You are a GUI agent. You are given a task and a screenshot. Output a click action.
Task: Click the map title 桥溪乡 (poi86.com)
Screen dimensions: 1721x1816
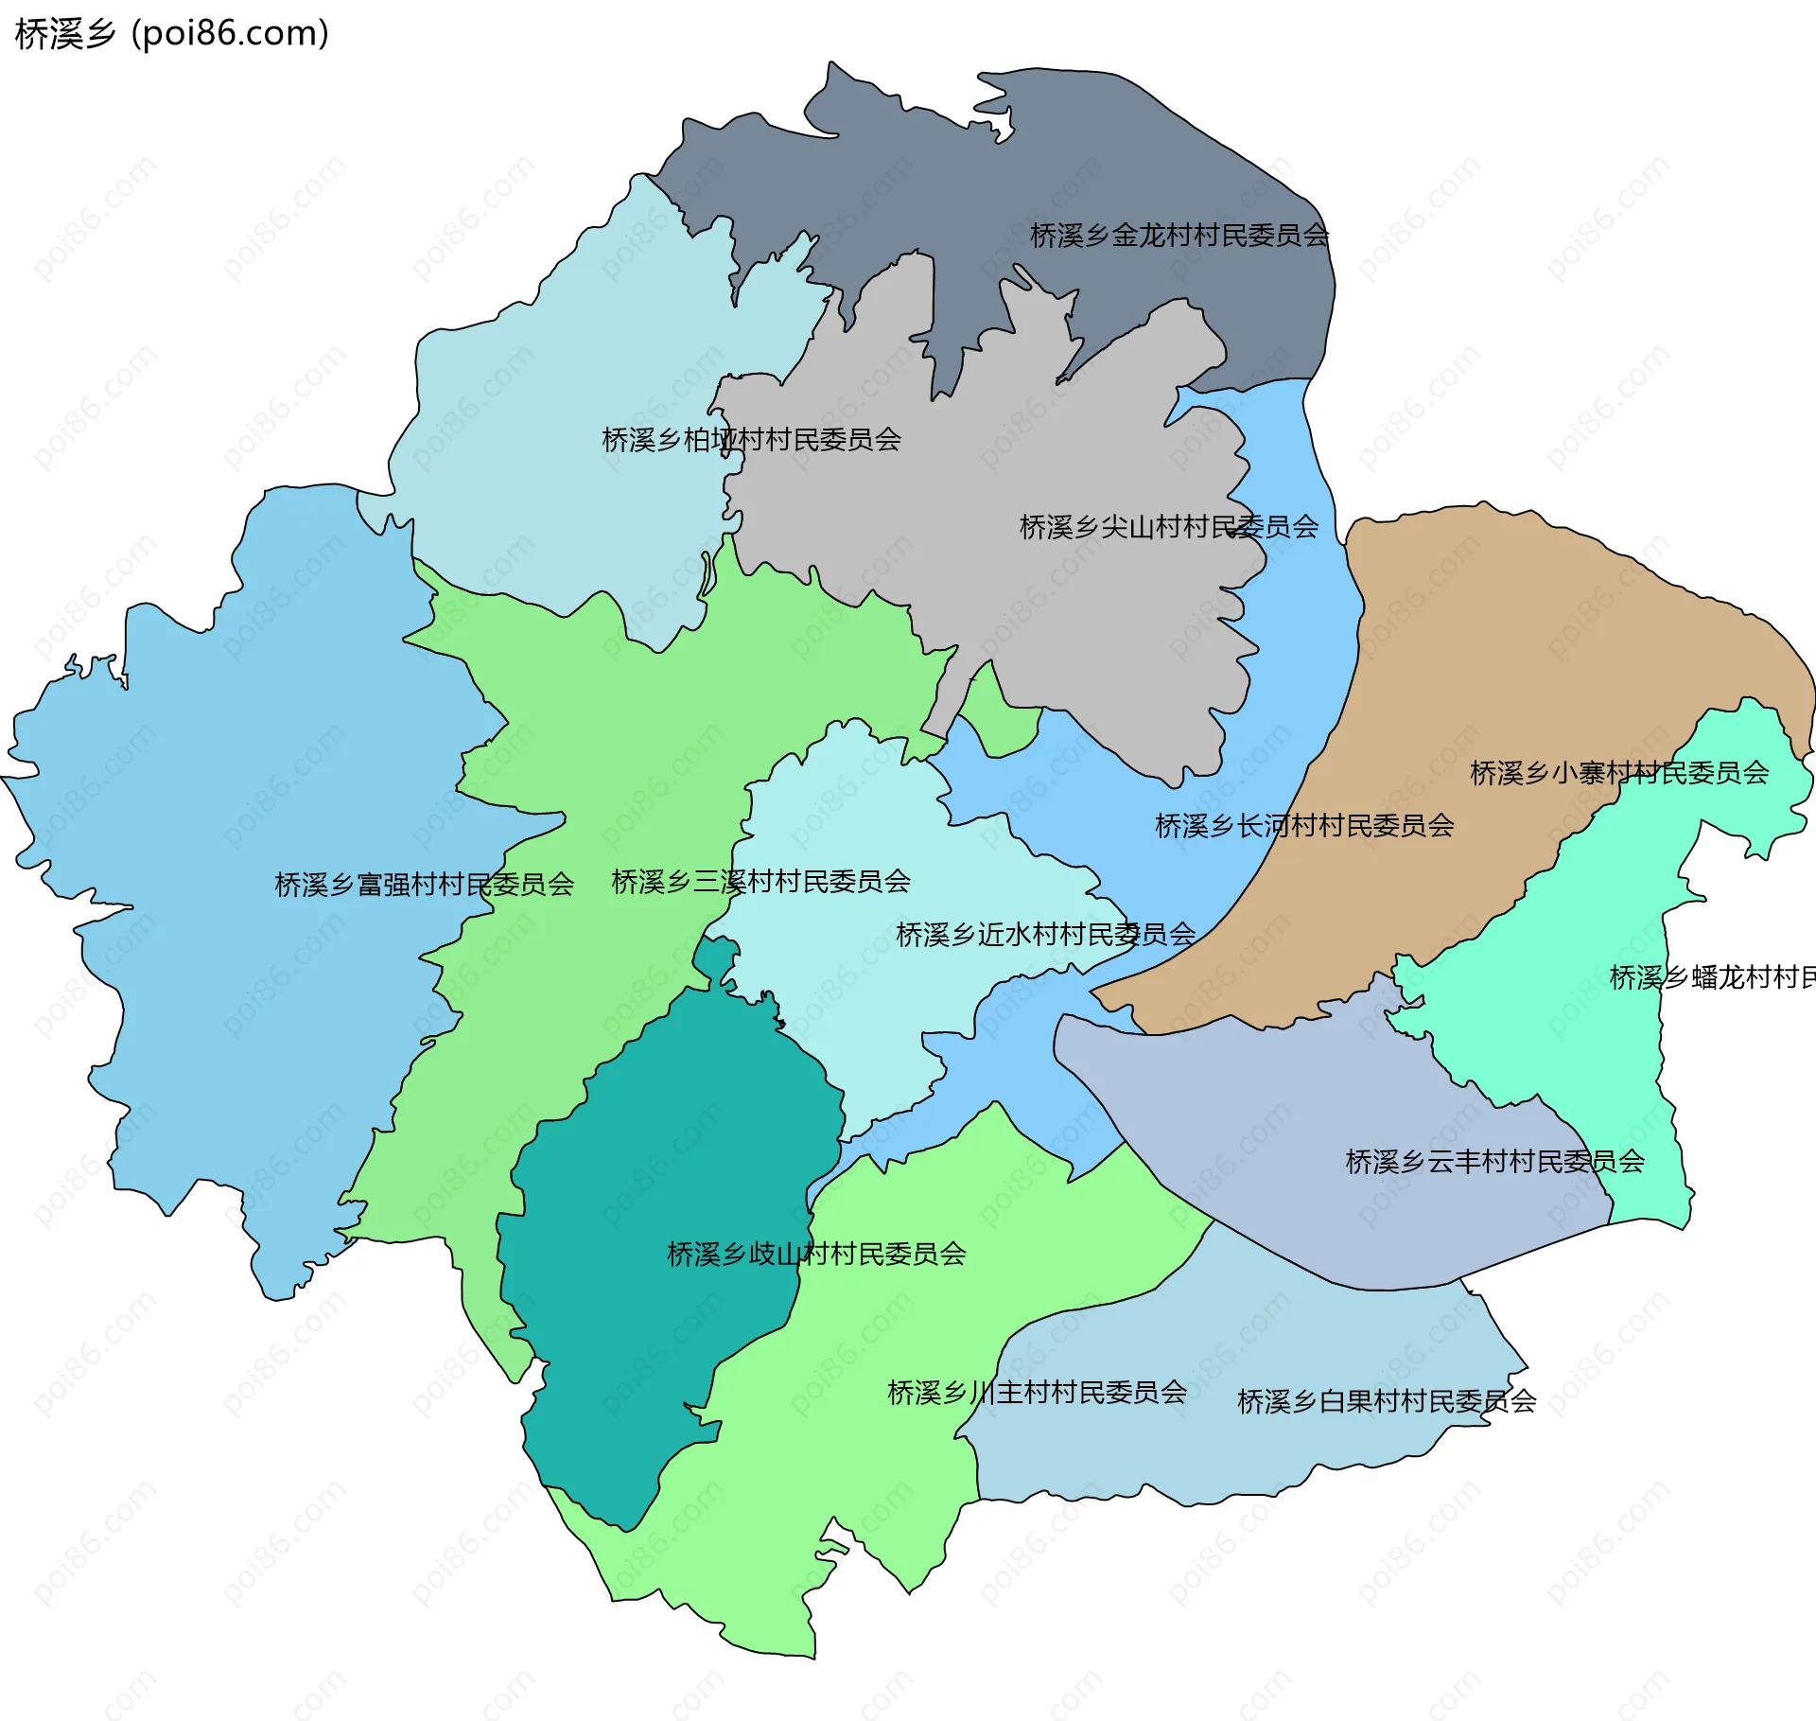(171, 33)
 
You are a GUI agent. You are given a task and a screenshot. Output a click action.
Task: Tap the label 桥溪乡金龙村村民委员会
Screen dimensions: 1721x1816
(1179, 236)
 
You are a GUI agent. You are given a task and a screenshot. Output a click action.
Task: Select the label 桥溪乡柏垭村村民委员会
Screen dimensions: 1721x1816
(751, 440)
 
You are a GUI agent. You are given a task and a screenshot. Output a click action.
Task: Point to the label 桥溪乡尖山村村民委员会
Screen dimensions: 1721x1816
(1168, 527)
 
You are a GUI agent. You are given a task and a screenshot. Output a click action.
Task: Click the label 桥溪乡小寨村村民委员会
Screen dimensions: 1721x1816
(1618, 773)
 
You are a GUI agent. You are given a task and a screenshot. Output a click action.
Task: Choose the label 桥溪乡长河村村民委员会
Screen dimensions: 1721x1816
(1303, 826)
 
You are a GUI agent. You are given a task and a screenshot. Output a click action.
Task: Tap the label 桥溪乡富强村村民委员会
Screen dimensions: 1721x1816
(424, 885)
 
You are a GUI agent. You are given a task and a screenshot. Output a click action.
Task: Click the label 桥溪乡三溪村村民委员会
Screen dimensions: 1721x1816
(760, 882)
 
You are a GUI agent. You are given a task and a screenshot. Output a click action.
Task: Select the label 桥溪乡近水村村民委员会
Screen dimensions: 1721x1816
(1044, 935)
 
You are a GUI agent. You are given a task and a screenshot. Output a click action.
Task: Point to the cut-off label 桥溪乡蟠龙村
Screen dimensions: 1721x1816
(1712, 977)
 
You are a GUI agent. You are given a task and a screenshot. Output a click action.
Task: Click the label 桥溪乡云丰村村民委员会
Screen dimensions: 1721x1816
(1493, 1162)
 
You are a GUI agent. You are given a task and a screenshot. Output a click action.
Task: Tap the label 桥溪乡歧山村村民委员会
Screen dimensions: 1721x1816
(815, 1255)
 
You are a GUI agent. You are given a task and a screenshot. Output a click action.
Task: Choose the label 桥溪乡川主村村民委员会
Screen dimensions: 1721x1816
(1037, 1393)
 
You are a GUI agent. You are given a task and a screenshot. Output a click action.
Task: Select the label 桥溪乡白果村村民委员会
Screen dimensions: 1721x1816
(1386, 1401)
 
